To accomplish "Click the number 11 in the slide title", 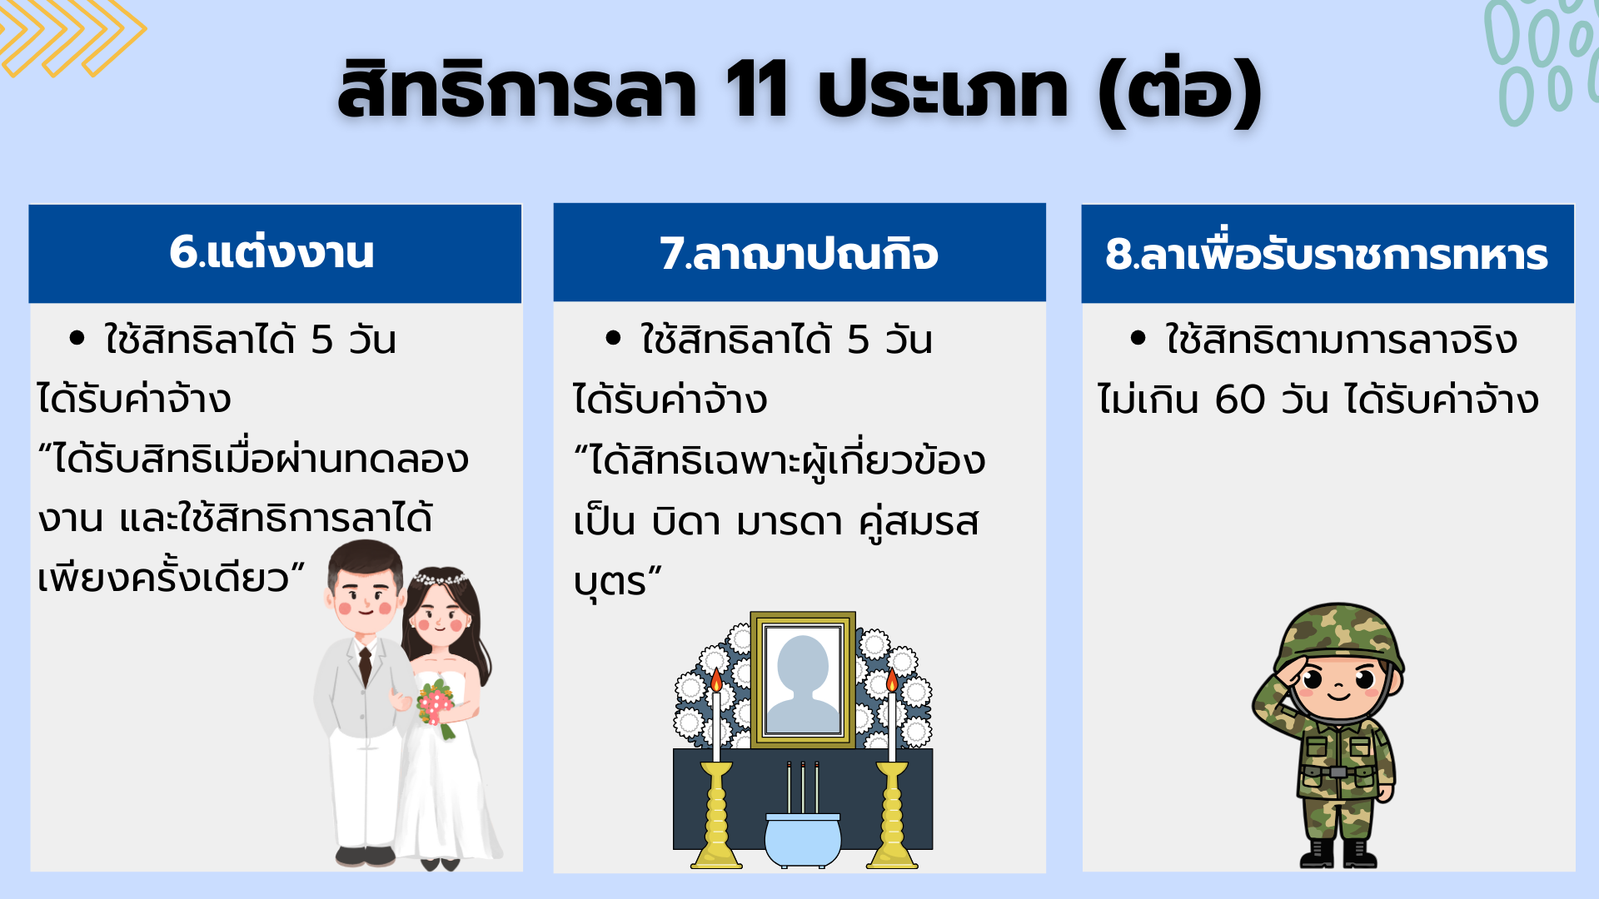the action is [x=757, y=89].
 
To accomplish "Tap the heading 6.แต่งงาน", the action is [x=271, y=252].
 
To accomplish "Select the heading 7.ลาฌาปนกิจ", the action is [x=799, y=253].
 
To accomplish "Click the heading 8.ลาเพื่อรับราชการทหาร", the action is [x=1327, y=254].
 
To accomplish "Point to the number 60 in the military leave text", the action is [x=1240, y=400].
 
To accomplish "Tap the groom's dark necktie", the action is [x=365, y=666].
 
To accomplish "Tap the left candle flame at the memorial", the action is [x=716, y=680].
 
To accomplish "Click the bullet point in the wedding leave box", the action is [x=77, y=338].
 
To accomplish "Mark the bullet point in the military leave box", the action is [x=1138, y=338].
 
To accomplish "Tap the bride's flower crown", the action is [x=440, y=577].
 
